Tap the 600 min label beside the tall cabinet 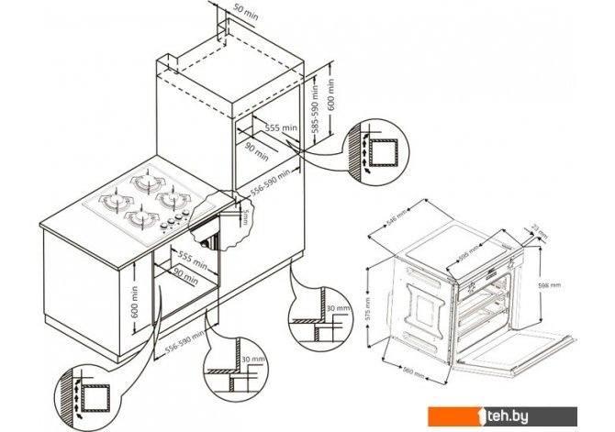tap(334, 93)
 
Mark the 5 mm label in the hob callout tap(245, 216)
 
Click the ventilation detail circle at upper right tap(376, 150)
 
